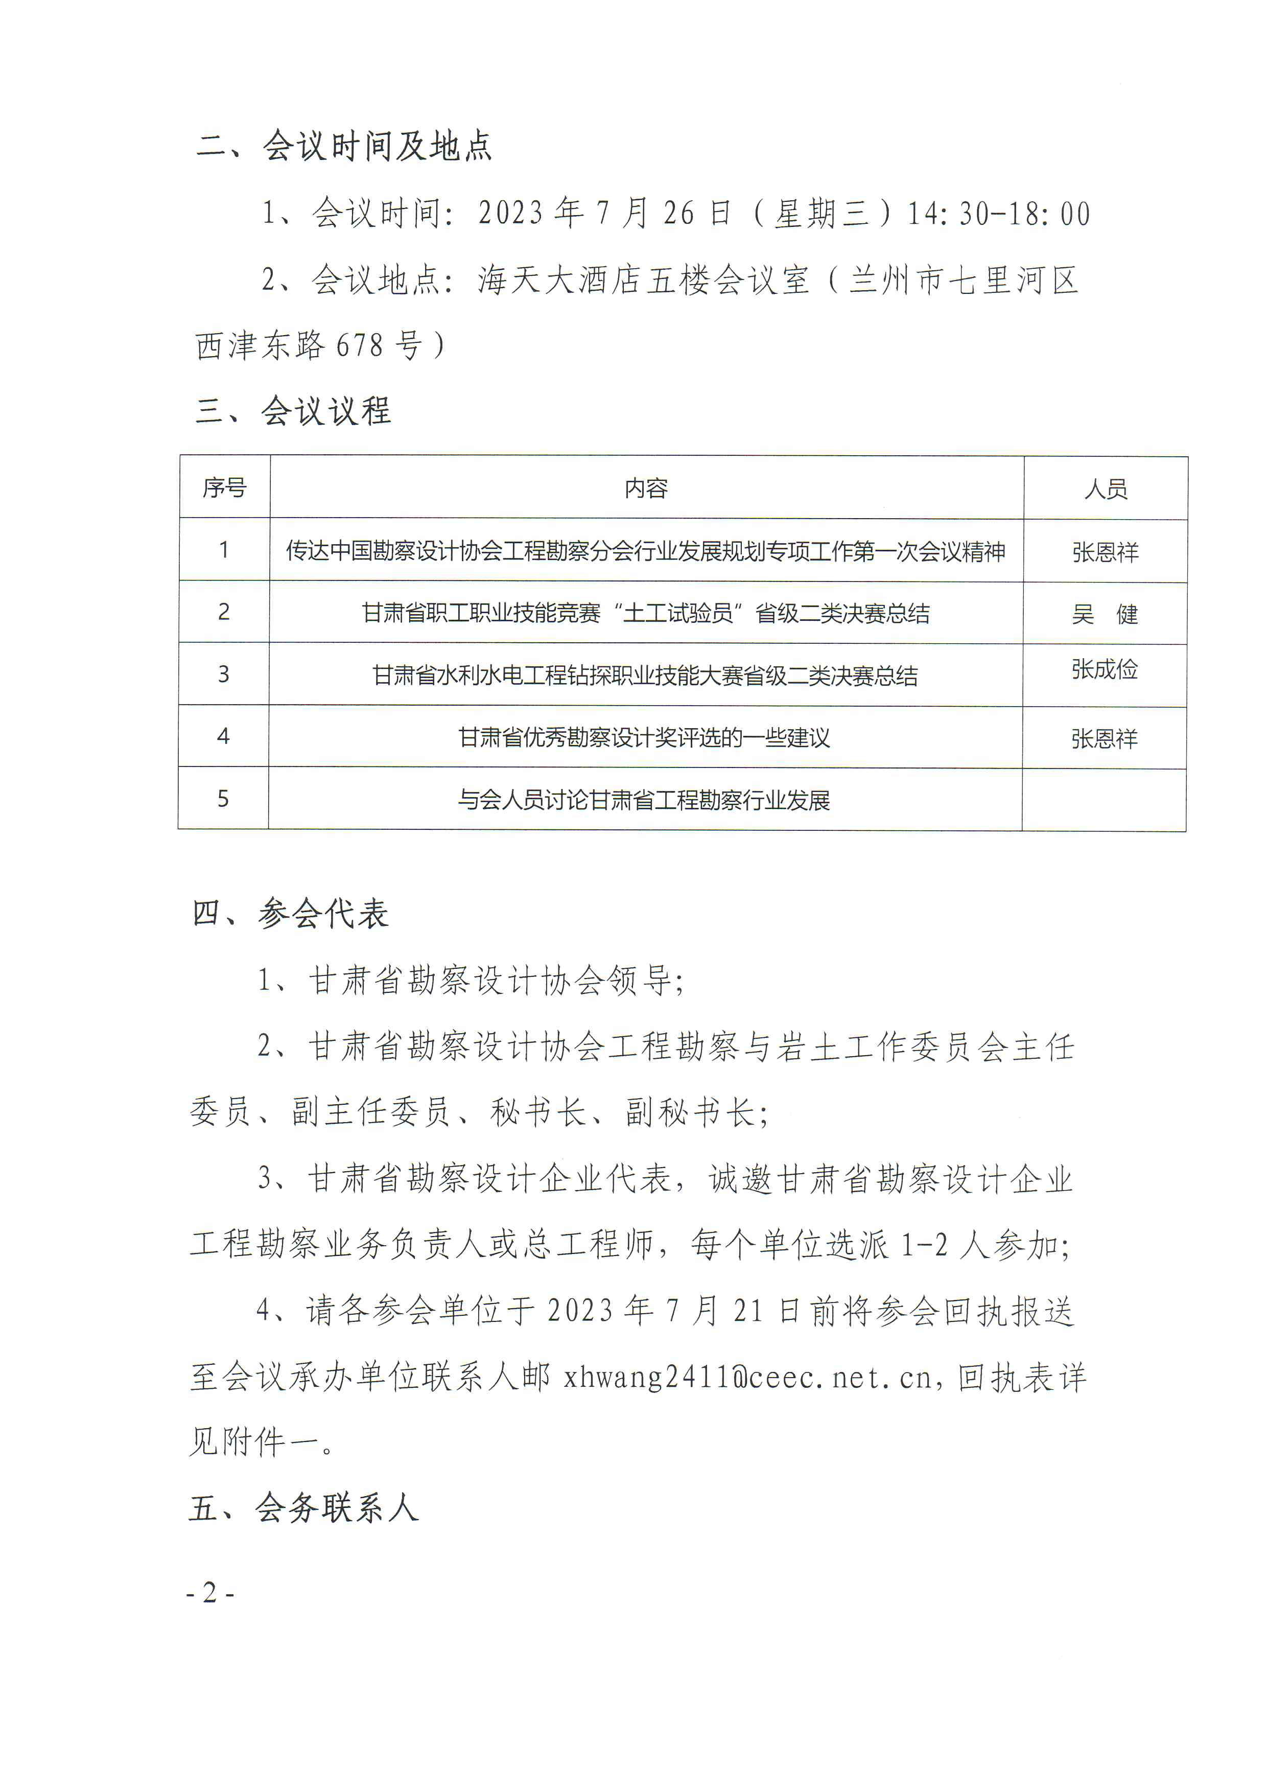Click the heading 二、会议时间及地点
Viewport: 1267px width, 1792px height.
click(344, 146)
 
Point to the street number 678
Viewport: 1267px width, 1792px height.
click(360, 345)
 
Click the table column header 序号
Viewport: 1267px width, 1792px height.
click(225, 488)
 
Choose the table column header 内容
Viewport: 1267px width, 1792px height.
click(646, 488)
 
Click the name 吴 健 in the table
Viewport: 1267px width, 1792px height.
click(1105, 614)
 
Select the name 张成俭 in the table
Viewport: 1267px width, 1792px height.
click(1104, 669)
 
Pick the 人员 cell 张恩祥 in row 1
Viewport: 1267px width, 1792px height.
click(1105, 552)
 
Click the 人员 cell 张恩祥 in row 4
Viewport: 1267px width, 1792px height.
click(1104, 738)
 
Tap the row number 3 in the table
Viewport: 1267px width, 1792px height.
click(224, 674)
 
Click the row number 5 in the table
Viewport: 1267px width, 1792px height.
click(223, 799)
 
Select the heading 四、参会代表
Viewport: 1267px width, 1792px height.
click(290, 913)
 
